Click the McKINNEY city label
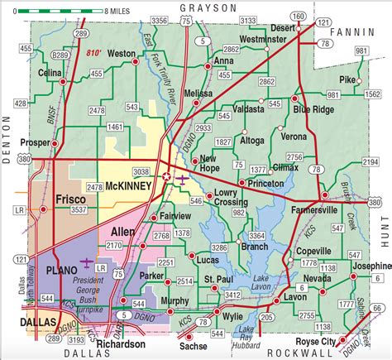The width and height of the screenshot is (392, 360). (x=127, y=187)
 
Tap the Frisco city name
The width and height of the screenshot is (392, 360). (x=73, y=200)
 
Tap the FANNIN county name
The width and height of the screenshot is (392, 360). (x=352, y=31)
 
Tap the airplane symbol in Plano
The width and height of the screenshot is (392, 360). (x=86, y=262)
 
